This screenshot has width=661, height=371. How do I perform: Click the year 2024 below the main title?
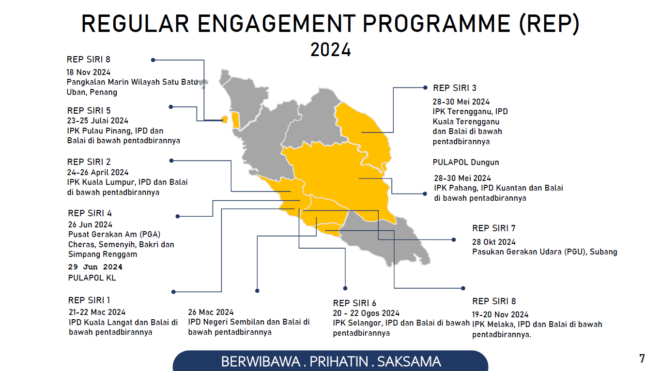[x=330, y=49]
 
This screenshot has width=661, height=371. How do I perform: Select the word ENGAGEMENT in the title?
[x=277, y=24]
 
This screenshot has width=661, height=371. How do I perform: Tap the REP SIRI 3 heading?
[x=454, y=88]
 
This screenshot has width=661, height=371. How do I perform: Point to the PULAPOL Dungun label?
[x=466, y=162]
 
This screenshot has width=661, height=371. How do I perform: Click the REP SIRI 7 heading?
[x=493, y=228]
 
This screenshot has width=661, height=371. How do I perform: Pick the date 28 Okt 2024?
[x=493, y=242]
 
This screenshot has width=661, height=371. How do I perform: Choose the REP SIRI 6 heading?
[x=354, y=303]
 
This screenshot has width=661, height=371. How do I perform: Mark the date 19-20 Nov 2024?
[x=500, y=314]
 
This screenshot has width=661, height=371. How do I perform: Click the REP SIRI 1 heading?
[x=89, y=300]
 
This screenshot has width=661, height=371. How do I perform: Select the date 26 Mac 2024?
[x=211, y=312]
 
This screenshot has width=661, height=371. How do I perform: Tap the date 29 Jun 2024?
[x=95, y=267]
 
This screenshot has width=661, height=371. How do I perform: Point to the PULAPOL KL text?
[x=92, y=278]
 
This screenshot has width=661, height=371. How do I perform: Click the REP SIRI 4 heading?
[x=90, y=213]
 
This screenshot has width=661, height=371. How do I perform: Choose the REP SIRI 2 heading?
[x=89, y=162]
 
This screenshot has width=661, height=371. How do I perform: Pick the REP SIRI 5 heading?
[x=89, y=110]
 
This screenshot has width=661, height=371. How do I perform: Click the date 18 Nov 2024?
[x=88, y=72]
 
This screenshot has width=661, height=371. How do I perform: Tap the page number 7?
[x=642, y=358]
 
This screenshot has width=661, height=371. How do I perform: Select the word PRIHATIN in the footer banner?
[x=339, y=362]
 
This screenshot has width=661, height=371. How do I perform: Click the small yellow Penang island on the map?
[x=225, y=119]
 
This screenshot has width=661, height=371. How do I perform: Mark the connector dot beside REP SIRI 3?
[x=425, y=88]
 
